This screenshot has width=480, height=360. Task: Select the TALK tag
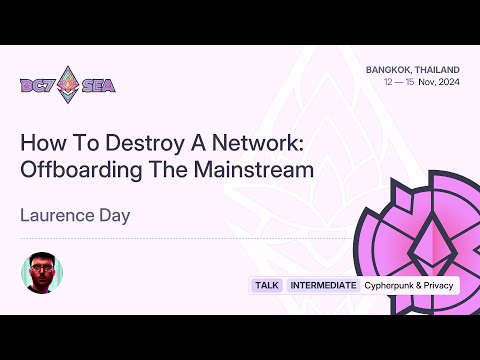coord(267,285)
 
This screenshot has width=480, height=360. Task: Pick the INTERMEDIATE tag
coord(323,285)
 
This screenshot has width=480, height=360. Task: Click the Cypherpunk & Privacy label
coord(409,285)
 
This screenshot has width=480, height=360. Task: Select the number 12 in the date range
coord(390,83)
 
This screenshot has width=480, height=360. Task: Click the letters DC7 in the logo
coord(38,85)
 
